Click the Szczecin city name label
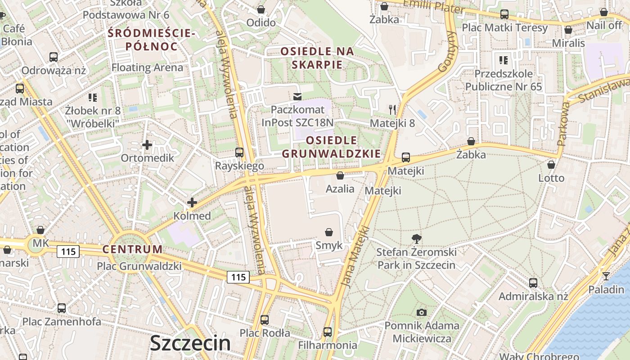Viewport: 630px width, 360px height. point(190,343)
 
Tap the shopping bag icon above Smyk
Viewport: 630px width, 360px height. point(329,232)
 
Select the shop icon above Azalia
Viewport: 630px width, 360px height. point(340,175)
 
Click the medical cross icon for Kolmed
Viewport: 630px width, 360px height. point(192,202)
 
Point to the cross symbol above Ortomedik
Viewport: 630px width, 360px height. point(147,145)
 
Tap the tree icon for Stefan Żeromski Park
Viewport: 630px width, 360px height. point(417,239)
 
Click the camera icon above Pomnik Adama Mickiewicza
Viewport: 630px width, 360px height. point(422,312)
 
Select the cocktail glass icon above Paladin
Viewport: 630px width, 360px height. point(606,276)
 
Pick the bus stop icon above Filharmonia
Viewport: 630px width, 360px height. point(328,332)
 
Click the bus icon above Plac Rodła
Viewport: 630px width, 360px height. point(265,320)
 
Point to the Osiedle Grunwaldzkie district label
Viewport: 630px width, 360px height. point(331,147)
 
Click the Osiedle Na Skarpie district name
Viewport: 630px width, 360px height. point(317,58)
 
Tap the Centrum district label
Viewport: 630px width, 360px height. point(132,249)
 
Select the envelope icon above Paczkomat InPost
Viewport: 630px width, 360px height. point(297,96)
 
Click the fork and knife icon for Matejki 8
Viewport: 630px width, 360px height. point(392,109)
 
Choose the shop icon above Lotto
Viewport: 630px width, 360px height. point(551,165)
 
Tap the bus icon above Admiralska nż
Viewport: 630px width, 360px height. point(533,283)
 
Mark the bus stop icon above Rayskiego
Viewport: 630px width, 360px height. point(239,153)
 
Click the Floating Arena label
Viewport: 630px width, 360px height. point(147,67)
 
